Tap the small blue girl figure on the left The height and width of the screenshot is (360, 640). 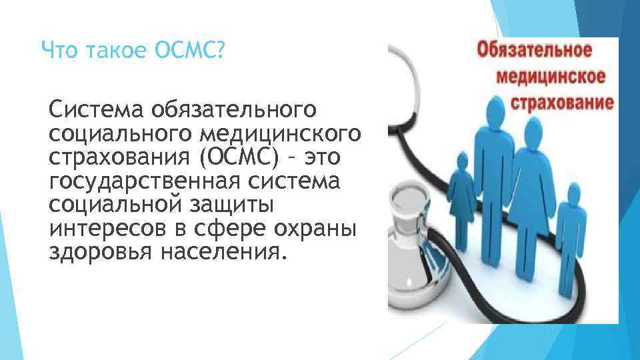pyautogui.click(x=460, y=190)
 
